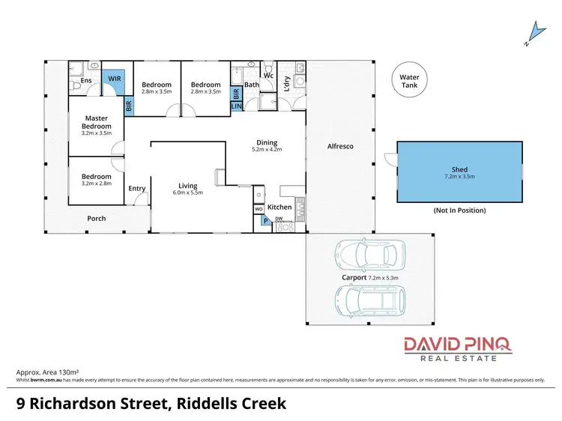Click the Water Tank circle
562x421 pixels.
click(409, 81)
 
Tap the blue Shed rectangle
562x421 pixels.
click(459, 172)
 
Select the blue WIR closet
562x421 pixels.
click(115, 79)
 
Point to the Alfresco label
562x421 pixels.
click(340, 146)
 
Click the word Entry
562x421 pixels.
click(137, 189)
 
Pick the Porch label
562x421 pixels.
click(96, 219)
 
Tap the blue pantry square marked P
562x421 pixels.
click(265, 221)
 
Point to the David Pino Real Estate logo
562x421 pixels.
click(458, 349)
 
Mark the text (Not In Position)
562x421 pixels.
click(459, 210)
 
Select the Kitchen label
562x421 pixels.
click(280, 207)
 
